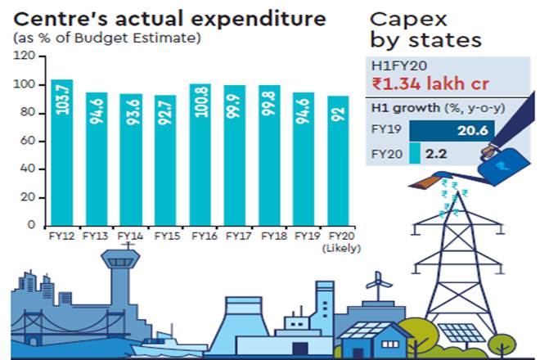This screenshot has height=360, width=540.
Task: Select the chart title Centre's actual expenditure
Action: [x=169, y=19]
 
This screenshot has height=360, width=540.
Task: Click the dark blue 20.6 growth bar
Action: [x=449, y=130]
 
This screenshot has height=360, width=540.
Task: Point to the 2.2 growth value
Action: [x=439, y=153]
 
